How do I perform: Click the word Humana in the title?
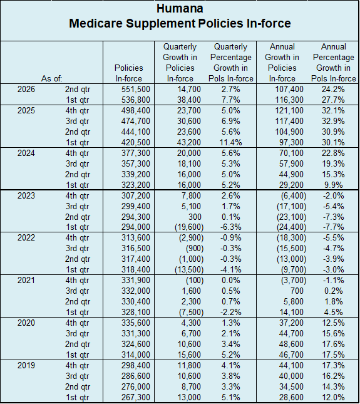[x=180, y=9]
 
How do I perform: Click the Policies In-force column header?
[x=129, y=73]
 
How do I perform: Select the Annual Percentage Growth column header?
[x=334, y=63]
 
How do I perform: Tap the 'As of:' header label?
[x=52, y=78]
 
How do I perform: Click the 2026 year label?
[x=26, y=89]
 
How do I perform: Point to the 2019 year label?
[x=26, y=365]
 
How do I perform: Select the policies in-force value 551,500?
[x=136, y=89]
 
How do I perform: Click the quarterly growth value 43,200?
[x=188, y=142]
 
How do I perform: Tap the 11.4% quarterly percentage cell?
[x=231, y=142]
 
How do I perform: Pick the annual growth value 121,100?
[x=289, y=110]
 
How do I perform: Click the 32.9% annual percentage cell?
[x=333, y=121]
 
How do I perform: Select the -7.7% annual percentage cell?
[x=334, y=227]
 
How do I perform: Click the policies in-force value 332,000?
[x=136, y=291]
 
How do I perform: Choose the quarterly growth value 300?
[x=195, y=217]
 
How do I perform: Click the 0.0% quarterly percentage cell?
[x=231, y=281]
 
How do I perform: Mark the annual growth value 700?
[x=297, y=291]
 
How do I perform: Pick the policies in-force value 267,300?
[x=136, y=397]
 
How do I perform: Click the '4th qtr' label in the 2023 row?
[x=77, y=196]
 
